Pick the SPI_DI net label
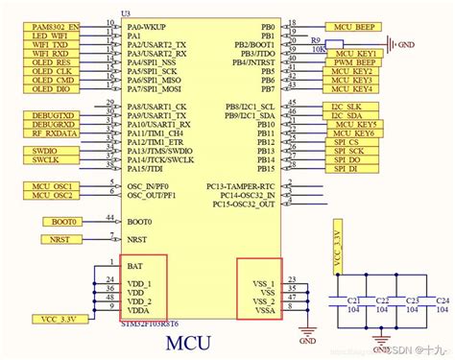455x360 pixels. pos(346,168)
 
